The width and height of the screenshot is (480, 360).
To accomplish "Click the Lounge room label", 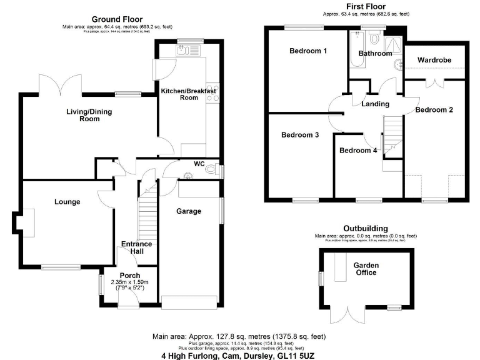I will (67, 202).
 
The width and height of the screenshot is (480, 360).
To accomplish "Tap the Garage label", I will (188, 211).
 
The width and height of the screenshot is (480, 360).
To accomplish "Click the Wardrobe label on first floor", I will (434, 60).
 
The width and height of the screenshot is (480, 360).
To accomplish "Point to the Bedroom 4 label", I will (358, 151).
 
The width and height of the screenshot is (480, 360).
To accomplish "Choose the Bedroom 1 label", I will (308, 51).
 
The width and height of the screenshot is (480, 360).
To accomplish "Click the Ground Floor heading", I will (117, 19).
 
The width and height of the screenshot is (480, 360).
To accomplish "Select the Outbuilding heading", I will (366, 228).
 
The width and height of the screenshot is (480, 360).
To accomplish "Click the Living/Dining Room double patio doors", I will (60, 83).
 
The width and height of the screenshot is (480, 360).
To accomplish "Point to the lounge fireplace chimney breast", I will (20, 221).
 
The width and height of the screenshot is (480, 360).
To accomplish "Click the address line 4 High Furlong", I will (241, 354).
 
